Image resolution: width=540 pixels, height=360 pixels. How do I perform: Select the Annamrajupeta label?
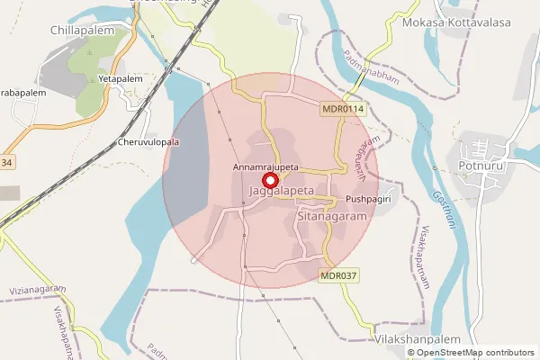click(265, 167)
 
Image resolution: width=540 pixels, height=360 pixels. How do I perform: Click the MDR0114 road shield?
click(343, 108)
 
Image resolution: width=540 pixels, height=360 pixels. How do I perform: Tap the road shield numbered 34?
click(7, 162)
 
